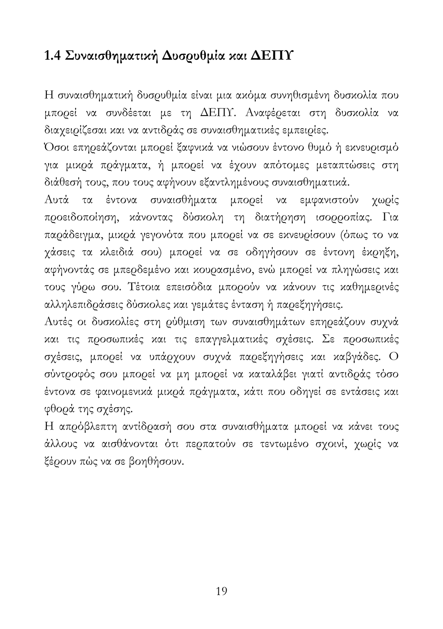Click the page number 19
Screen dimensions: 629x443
[x=221, y=591]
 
